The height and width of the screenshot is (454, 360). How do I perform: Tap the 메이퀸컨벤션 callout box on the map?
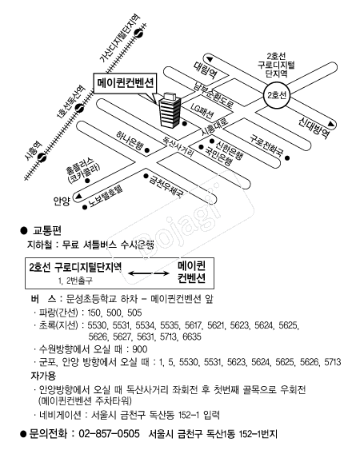126,82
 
